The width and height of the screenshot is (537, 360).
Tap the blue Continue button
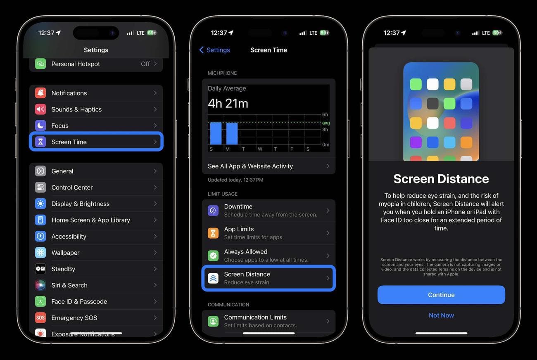[441, 295]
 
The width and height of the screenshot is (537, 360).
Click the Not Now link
[441, 315]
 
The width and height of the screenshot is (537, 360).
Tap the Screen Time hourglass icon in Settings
[40, 142]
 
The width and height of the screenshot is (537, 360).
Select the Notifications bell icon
[40, 93]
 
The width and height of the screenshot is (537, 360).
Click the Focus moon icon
[40, 126]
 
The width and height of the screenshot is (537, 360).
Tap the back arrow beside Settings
[202, 50]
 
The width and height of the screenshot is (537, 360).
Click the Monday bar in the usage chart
[232, 133]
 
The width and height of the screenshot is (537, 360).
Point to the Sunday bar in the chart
[216, 133]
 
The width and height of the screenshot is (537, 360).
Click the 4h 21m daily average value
[228, 103]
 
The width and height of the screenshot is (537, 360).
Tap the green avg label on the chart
[326, 123]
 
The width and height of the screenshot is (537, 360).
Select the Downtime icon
[213, 211]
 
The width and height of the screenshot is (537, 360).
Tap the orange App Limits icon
[213, 233]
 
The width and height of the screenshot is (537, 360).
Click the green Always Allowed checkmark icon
[213, 256]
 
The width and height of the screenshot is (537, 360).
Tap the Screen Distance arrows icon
[213, 278]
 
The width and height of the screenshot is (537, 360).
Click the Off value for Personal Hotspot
[145, 64]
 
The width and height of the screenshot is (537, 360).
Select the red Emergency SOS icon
[40, 318]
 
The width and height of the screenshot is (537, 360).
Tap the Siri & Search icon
[40, 285]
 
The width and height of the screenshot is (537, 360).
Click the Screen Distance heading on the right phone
[441, 179]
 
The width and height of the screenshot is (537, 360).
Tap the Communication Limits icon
[213, 321]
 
